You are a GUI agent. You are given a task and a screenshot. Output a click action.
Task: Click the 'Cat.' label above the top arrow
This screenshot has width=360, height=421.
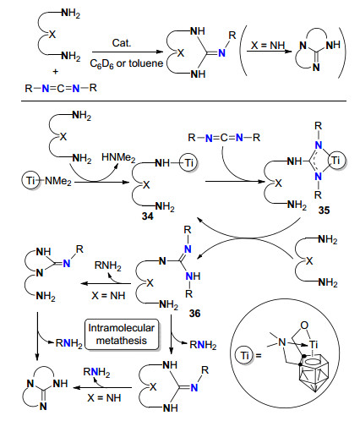(x=122, y=43)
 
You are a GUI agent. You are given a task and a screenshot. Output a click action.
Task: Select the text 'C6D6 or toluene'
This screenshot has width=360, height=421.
(x=127, y=64)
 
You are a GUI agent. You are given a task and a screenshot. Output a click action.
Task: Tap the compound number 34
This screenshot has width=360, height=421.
(x=148, y=216)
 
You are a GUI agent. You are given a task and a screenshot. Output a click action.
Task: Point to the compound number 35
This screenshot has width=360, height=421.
(x=324, y=210)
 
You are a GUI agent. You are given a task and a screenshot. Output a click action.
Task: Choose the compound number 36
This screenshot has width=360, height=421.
(x=195, y=314)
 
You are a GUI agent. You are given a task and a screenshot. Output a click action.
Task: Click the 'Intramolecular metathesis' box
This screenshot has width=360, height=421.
(x=122, y=334)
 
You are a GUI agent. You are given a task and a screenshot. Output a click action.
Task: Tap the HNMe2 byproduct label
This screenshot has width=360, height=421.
(x=118, y=158)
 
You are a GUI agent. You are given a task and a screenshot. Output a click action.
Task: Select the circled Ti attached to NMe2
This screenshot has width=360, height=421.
(x=30, y=181)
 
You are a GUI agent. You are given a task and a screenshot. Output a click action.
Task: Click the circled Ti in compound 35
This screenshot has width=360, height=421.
(x=335, y=161)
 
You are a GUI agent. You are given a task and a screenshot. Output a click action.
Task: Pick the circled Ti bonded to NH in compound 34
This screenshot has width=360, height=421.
(x=189, y=162)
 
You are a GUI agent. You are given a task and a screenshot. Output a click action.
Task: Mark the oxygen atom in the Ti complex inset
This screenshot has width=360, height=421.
(x=304, y=325)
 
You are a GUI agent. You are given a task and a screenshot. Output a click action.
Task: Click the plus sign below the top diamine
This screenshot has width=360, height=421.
(x=56, y=72)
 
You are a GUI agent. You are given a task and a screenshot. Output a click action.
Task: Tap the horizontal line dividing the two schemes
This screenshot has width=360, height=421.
(x=183, y=101)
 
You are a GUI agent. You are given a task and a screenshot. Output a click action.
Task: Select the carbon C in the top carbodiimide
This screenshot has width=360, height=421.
(x=61, y=89)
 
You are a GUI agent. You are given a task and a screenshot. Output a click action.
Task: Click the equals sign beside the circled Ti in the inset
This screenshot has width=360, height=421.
(x=259, y=356)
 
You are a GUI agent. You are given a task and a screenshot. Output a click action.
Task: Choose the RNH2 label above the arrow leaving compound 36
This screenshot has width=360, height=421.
(x=108, y=265)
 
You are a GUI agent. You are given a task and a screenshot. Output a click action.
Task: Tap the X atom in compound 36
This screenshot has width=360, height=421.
(x=150, y=282)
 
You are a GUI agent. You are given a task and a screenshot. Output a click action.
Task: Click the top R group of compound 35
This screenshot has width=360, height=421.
(x=319, y=126)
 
